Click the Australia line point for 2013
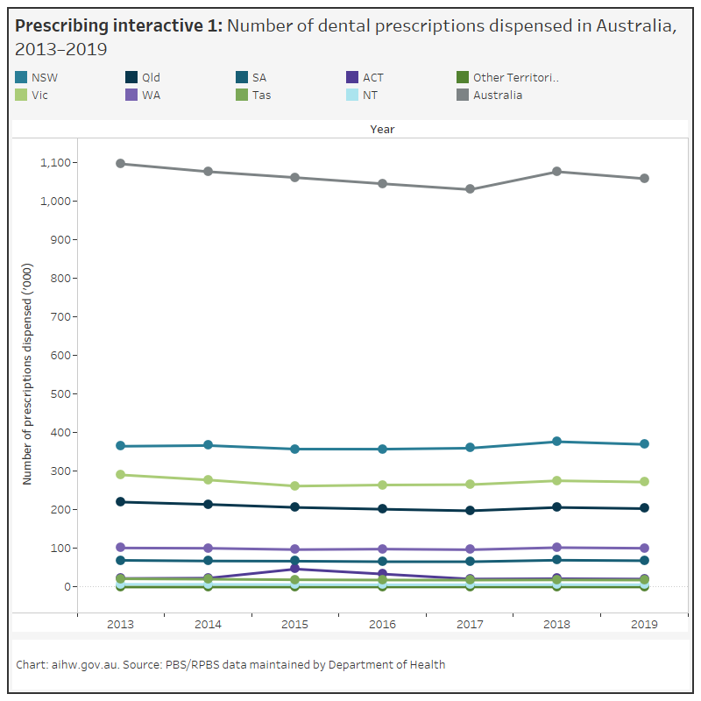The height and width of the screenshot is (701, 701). pos(120,164)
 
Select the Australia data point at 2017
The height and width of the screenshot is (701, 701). pos(471,189)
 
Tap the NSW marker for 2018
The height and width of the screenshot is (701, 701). pos(558,442)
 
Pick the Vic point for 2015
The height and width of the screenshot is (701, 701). pos(295,486)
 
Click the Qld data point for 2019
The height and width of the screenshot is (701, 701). pos(646,508)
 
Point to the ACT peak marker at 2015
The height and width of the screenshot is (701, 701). pos(295,569)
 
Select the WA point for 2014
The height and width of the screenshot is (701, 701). pos(208,549)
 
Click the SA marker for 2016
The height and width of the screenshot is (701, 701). pos(383,562)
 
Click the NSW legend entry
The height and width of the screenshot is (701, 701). pos(39,77)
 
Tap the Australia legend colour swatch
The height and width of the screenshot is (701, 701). pos(461,95)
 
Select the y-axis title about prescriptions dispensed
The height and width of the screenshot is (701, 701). pos(27,373)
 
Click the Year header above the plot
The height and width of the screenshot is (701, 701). pos(382,129)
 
